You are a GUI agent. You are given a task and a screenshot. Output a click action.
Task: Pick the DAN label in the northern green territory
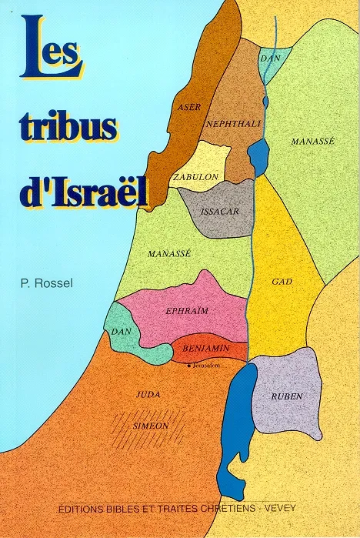[269, 58]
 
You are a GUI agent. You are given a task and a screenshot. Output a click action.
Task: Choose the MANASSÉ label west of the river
[168, 252]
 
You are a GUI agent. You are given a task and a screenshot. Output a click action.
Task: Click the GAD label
[280, 282]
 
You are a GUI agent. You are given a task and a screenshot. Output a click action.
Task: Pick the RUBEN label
[287, 396]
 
